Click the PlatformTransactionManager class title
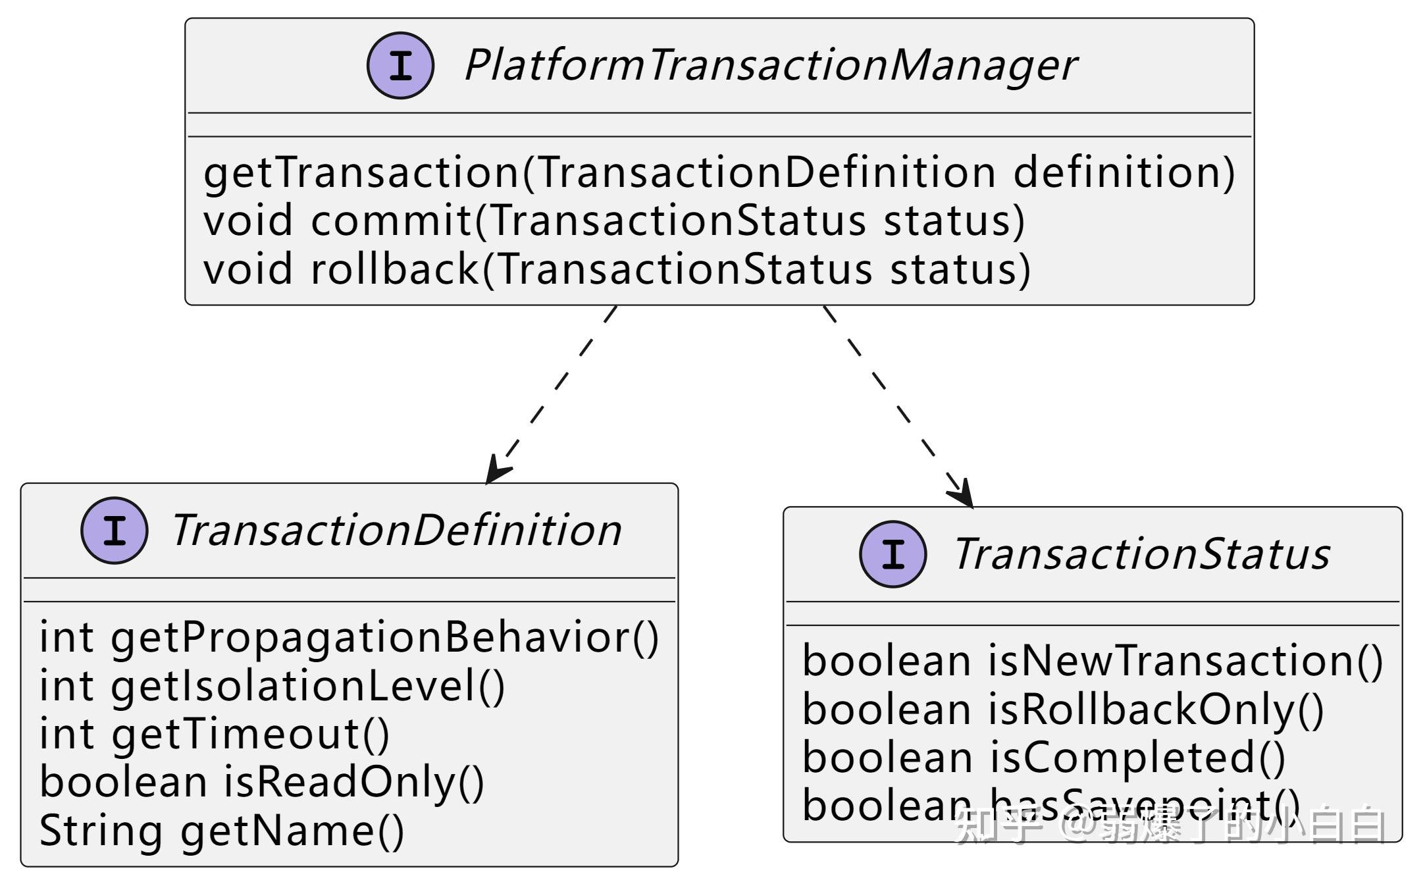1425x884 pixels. point(770,66)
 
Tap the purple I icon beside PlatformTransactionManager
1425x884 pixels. point(400,66)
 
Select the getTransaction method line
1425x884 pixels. point(719,172)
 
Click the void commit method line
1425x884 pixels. point(614,221)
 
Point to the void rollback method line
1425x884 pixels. point(617,269)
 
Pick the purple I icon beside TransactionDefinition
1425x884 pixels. point(115,531)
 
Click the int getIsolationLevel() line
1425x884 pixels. point(272,686)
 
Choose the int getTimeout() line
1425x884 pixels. point(215,734)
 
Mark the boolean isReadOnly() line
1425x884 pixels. point(261,782)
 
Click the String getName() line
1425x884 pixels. point(222,831)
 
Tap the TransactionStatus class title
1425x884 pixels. point(1141,554)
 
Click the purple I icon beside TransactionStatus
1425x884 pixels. point(893,554)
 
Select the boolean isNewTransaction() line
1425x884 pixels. point(1093,661)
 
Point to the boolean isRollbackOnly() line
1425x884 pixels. point(1062,710)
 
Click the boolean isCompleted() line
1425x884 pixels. point(1043,758)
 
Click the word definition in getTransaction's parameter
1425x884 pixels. point(1124,172)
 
